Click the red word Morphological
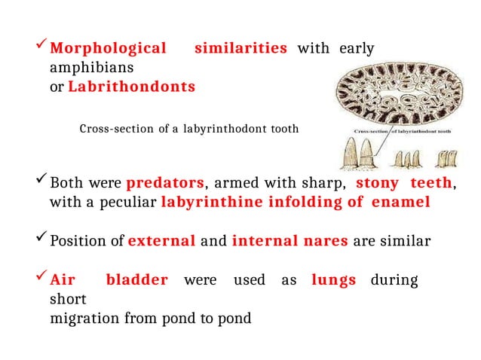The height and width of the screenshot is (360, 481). (x=108, y=49)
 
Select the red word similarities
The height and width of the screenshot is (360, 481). (x=240, y=49)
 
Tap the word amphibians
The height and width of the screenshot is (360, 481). (x=84, y=68)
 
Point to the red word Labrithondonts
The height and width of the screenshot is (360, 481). (x=131, y=87)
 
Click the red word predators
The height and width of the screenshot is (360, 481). (x=165, y=183)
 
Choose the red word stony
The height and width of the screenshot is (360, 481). (x=377, y=183)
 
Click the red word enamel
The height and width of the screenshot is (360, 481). (x=402, y=202)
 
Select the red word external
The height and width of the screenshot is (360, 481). (x=162, y=242)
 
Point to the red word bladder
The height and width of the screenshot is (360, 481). (x=136, y=281)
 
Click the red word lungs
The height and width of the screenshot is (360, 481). (x=333, y=281)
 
